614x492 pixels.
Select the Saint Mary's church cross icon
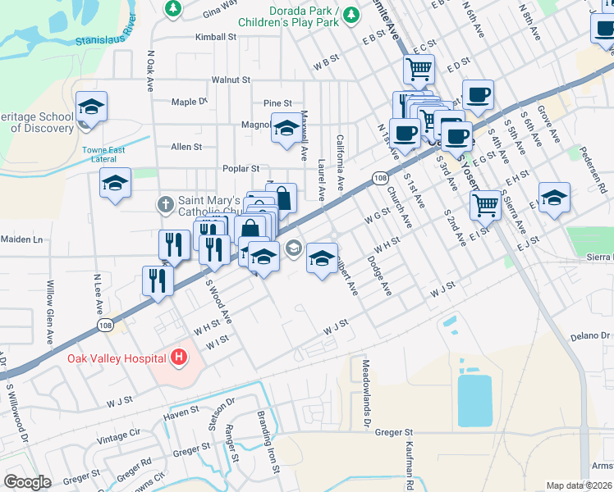click(x=164, y=203)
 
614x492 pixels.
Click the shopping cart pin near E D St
click(x=419, y=69)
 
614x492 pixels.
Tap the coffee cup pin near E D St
click(x=477, y=93)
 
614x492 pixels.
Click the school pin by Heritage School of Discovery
click(x=91, y=107)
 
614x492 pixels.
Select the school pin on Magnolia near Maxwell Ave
click(x=286, y=129)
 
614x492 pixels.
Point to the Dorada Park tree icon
click(x=351, y=14)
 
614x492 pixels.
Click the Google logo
click(x=27, y=482)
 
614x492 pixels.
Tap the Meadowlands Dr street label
click(x=366, y=395)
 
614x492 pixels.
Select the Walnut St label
click(x=231, y=80)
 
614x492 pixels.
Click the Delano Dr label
click(x=592, y=336)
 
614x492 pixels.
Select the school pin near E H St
click(x=554, y=197)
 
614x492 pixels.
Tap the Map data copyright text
click(x=580, y=485)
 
